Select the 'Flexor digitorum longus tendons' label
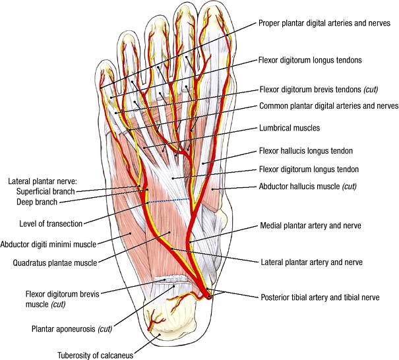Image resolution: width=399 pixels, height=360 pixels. tap(312, 60)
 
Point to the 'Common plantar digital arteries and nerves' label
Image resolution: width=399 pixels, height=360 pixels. tap(328, 105)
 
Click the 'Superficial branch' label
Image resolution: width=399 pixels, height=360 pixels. tap(46, 191)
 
